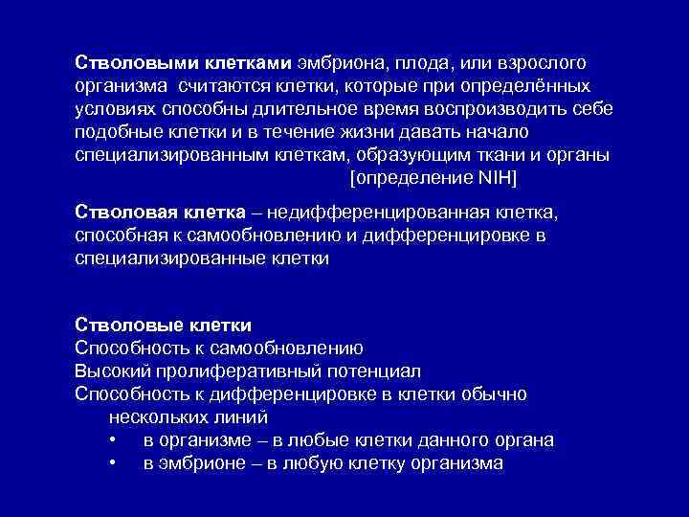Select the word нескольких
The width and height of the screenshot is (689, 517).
pyautogui.click(x=157, y=417)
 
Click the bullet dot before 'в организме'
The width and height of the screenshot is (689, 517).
pyautogui.click(x=113, y=440)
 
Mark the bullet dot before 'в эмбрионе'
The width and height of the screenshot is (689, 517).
pyautogui.click(x=113, y=464)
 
